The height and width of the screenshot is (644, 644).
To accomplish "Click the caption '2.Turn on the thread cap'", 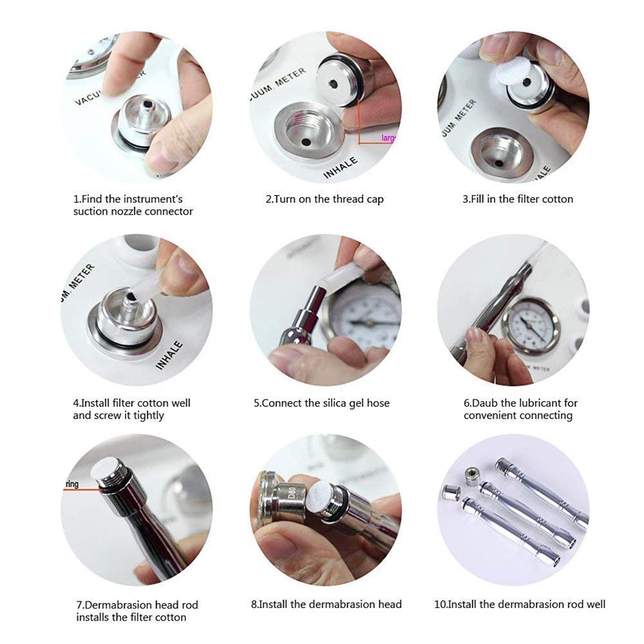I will click(325, 199).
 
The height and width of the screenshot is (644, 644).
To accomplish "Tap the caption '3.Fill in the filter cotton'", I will click(517, 199).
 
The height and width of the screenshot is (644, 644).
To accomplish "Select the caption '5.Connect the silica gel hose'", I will click(321, 403).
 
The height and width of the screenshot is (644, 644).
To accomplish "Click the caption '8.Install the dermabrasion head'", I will click(326, 604).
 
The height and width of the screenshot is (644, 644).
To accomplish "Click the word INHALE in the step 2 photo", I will click(341, 166).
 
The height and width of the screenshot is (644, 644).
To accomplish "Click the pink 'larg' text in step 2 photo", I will click(388, 138).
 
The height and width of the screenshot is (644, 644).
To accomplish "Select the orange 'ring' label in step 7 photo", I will click(71, 484).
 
